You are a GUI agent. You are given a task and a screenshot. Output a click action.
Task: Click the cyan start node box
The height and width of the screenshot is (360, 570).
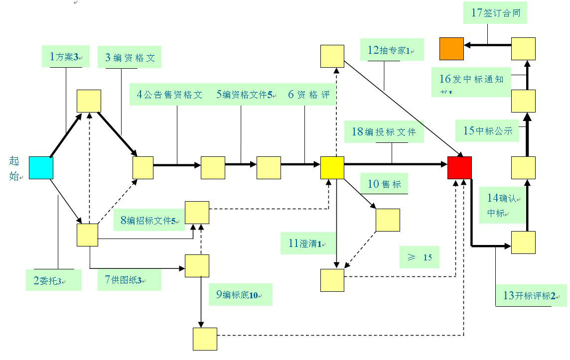pos(41,168)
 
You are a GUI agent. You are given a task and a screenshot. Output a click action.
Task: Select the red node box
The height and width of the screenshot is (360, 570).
pos(459,168)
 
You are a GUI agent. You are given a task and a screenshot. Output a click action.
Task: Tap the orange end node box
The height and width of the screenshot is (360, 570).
pos(451,49)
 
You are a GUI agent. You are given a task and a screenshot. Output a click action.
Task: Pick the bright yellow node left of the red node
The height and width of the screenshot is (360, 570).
pos(332,168)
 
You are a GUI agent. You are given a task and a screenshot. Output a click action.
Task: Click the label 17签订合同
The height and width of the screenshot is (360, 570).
pos(496,13)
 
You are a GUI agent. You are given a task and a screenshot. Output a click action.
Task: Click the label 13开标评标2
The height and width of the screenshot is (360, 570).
pos(529,295)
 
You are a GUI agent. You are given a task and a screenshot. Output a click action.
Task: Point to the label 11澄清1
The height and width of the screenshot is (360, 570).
pos(306,243)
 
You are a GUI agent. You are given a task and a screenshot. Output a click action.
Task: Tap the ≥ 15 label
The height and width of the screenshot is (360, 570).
pos(420,257)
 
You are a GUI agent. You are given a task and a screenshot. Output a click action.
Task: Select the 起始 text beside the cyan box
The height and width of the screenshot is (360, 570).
pos(14,168)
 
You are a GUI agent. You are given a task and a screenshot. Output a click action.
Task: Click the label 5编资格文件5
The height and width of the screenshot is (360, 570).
pos(245,95)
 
